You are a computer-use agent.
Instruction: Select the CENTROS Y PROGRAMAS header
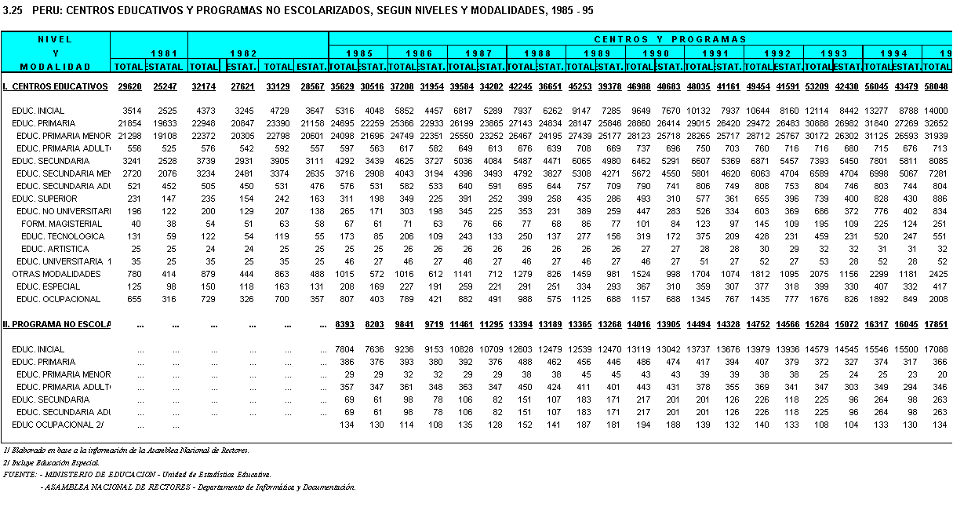670,39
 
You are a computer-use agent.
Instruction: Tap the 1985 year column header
359,53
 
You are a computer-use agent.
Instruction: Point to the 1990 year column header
655,53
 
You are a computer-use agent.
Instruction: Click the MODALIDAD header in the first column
55,67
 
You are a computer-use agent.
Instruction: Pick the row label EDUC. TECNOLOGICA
63,236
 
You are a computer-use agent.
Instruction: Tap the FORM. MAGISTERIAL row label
62,224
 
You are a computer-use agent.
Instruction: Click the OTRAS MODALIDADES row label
56,274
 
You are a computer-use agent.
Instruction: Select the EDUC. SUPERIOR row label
45,199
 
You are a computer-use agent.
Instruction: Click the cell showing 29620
129,86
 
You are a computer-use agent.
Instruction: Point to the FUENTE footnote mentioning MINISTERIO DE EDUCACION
137,475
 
